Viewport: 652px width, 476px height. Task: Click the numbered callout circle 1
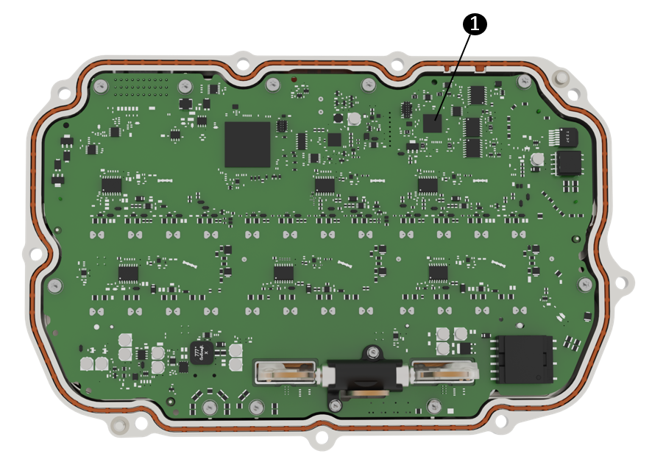[475, 24]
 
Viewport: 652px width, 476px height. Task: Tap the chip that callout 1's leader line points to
[432, 123]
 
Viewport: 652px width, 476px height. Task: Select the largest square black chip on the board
[247, 144]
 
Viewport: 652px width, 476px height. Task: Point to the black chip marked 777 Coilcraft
[201, 354]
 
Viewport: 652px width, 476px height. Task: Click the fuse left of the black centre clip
[286, 373]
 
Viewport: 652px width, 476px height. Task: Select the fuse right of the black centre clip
[444, 373]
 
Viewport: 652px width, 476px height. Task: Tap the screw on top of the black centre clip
[374, 352]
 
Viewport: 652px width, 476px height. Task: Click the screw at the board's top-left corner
[101, 86]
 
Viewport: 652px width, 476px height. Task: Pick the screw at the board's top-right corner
[524, 81]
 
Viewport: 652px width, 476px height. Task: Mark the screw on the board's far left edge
[54, 285]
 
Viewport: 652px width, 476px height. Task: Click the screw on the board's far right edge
[585, 284]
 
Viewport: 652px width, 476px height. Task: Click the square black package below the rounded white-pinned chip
[568, 163]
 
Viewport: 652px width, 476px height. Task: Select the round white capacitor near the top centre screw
[354, 118]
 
